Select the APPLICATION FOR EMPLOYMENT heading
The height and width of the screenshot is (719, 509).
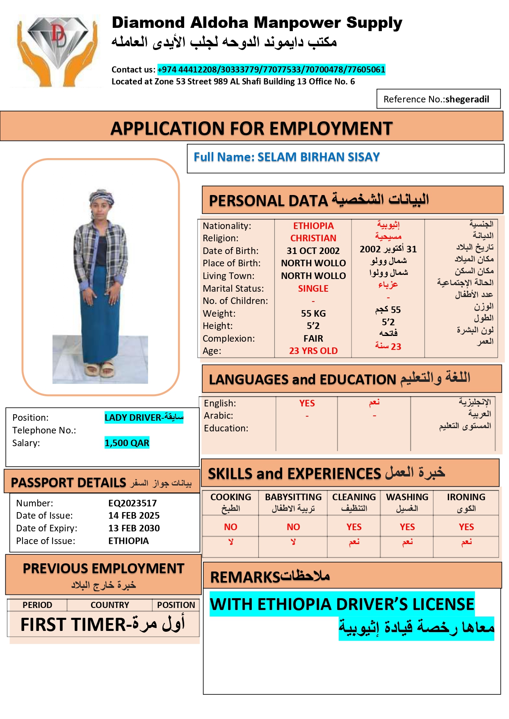point(251,128)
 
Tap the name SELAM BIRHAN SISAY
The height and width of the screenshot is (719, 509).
point(318,157)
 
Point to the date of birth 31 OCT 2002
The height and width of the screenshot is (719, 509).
point(313,251)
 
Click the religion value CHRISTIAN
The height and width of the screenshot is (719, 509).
point(313,238)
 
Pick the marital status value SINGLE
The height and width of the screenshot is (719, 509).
point(313,288)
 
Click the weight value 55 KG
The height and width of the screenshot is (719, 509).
point(313,313)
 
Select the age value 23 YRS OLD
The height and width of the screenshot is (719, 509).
point(313,351)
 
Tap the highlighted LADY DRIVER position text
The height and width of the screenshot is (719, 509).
point(144,417)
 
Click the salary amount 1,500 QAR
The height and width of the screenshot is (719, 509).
point(127,443)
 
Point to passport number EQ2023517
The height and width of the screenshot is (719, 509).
point(132,503)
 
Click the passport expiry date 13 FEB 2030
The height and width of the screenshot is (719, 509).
point(134,528)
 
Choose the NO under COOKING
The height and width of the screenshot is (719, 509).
point(231,527)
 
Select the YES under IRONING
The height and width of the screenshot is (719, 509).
point(466,527)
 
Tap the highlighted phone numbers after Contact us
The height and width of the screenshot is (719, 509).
point(271,69)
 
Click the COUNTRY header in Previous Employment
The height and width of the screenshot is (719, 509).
point(110,605)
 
